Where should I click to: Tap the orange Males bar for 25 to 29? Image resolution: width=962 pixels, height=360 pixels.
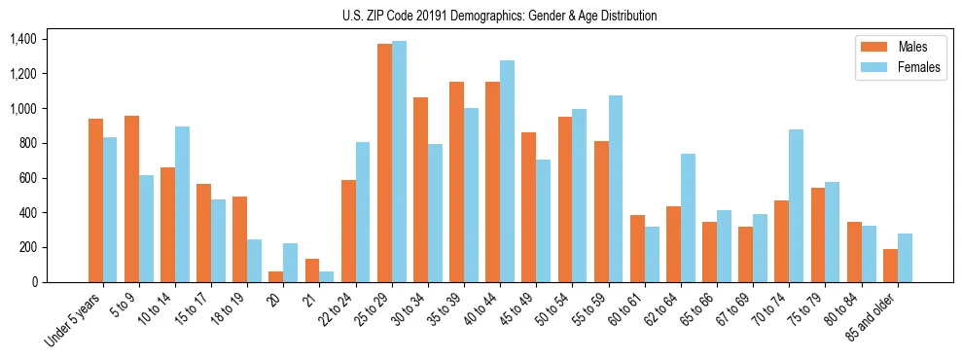coord(384,162)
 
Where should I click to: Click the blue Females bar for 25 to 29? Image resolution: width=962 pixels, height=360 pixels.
coord(399,162)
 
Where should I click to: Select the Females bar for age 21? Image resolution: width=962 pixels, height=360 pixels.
coord(327,276)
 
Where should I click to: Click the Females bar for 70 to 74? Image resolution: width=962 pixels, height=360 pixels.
coord(796,205)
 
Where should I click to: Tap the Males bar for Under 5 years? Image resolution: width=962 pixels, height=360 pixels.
coord(95,200)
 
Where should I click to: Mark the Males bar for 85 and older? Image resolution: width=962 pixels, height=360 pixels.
coord(890,266)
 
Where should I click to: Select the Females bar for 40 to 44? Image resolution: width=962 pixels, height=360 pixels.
coord(507,171)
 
